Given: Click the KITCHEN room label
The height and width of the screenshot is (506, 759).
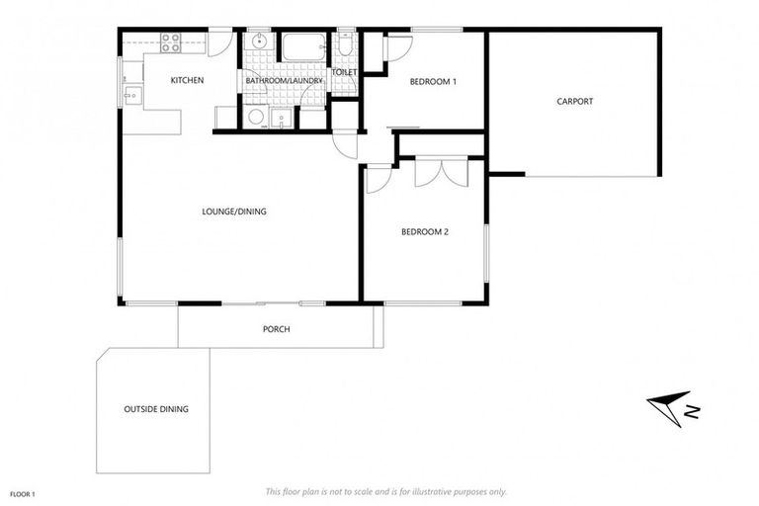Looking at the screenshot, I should click(x=187, y=80).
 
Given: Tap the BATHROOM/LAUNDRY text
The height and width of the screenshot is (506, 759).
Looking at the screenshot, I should click(x=284, y=80).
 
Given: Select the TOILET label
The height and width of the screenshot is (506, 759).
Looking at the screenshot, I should click(x=344, y=72).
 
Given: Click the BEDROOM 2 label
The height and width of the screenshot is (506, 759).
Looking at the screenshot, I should click(x=425, y=232).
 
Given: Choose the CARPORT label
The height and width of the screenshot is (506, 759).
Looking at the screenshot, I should click(x=574, y=101).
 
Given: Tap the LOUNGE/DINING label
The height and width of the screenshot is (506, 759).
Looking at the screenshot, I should click(x=234, y=211).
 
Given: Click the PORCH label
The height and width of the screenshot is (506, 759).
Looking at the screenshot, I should click(x=276, y=329).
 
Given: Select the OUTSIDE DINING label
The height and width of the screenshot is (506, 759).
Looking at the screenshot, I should click(x=156, y=408).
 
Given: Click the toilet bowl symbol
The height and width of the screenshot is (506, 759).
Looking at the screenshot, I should click(x=344, y=45).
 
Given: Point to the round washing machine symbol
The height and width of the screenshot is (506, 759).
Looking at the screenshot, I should click(x=256, y=118).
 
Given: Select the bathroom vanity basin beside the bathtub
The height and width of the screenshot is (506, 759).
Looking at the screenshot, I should click(x=258, y=42).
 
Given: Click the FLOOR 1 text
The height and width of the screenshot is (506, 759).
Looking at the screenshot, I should click(x=23, y=491).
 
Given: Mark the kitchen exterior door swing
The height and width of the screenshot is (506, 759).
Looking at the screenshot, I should click(x=221, y=42).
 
